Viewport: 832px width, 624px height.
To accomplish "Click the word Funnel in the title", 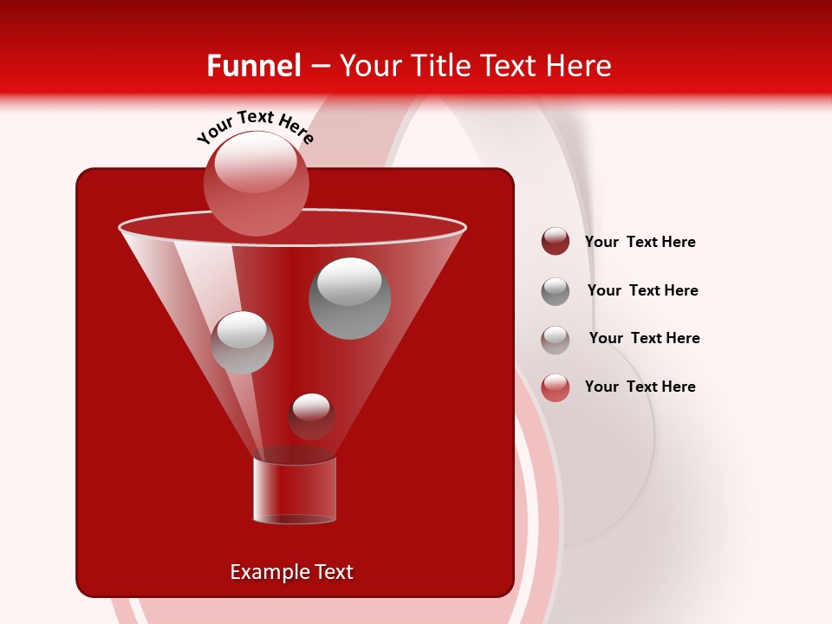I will point(253,66).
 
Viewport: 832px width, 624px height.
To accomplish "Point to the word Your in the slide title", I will point(369,66).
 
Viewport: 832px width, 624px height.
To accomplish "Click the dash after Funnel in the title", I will point(320,67).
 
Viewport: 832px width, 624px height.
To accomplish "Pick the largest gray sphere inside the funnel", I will point(349,299).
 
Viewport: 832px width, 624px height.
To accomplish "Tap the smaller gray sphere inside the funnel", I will point(242,342).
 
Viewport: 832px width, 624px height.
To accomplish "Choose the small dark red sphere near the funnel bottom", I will point(311,417).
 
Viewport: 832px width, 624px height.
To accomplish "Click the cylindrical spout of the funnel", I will point(294,490).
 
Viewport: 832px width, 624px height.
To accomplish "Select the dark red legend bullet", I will point(556,242).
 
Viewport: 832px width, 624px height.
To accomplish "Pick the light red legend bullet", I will point(556,387).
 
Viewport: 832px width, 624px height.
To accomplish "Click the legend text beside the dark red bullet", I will point(640,242).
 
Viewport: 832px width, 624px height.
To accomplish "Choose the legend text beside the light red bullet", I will point(640,387).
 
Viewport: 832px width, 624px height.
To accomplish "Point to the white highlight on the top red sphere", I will point(255,162).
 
